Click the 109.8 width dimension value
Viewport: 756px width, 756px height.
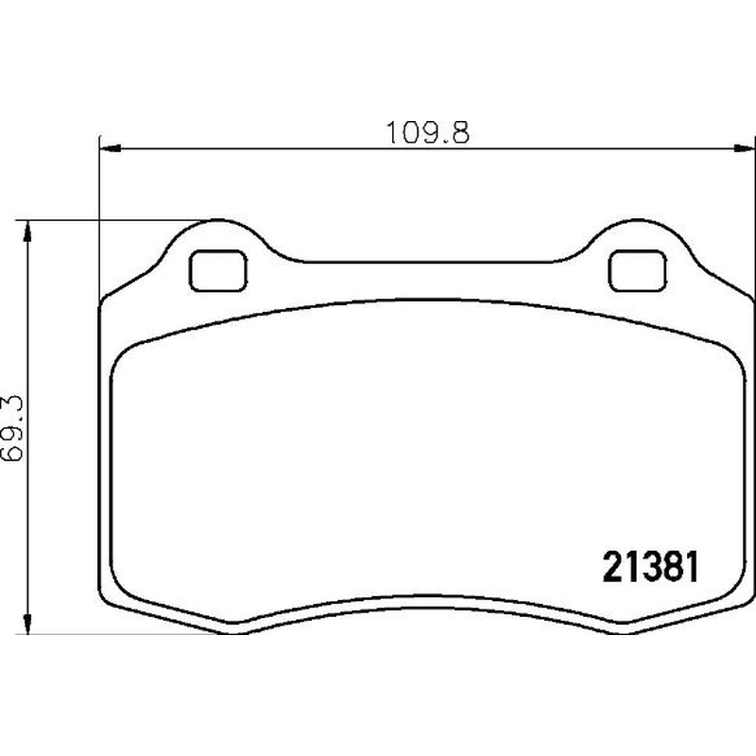pos(427,132)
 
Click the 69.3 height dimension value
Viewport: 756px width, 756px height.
pos(12,428)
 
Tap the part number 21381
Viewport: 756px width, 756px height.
pos(650,567)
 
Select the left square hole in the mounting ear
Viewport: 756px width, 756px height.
pos(218,270)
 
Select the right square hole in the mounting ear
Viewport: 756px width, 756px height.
pos(637,270)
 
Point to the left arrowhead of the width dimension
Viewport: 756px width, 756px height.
pos(109,148)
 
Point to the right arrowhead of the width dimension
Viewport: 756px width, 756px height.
pos(744,148)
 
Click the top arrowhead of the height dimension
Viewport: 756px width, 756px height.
pos(27,232)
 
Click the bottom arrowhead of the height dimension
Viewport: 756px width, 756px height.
pos(27,624)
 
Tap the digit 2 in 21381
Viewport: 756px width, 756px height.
pos(612,567)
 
